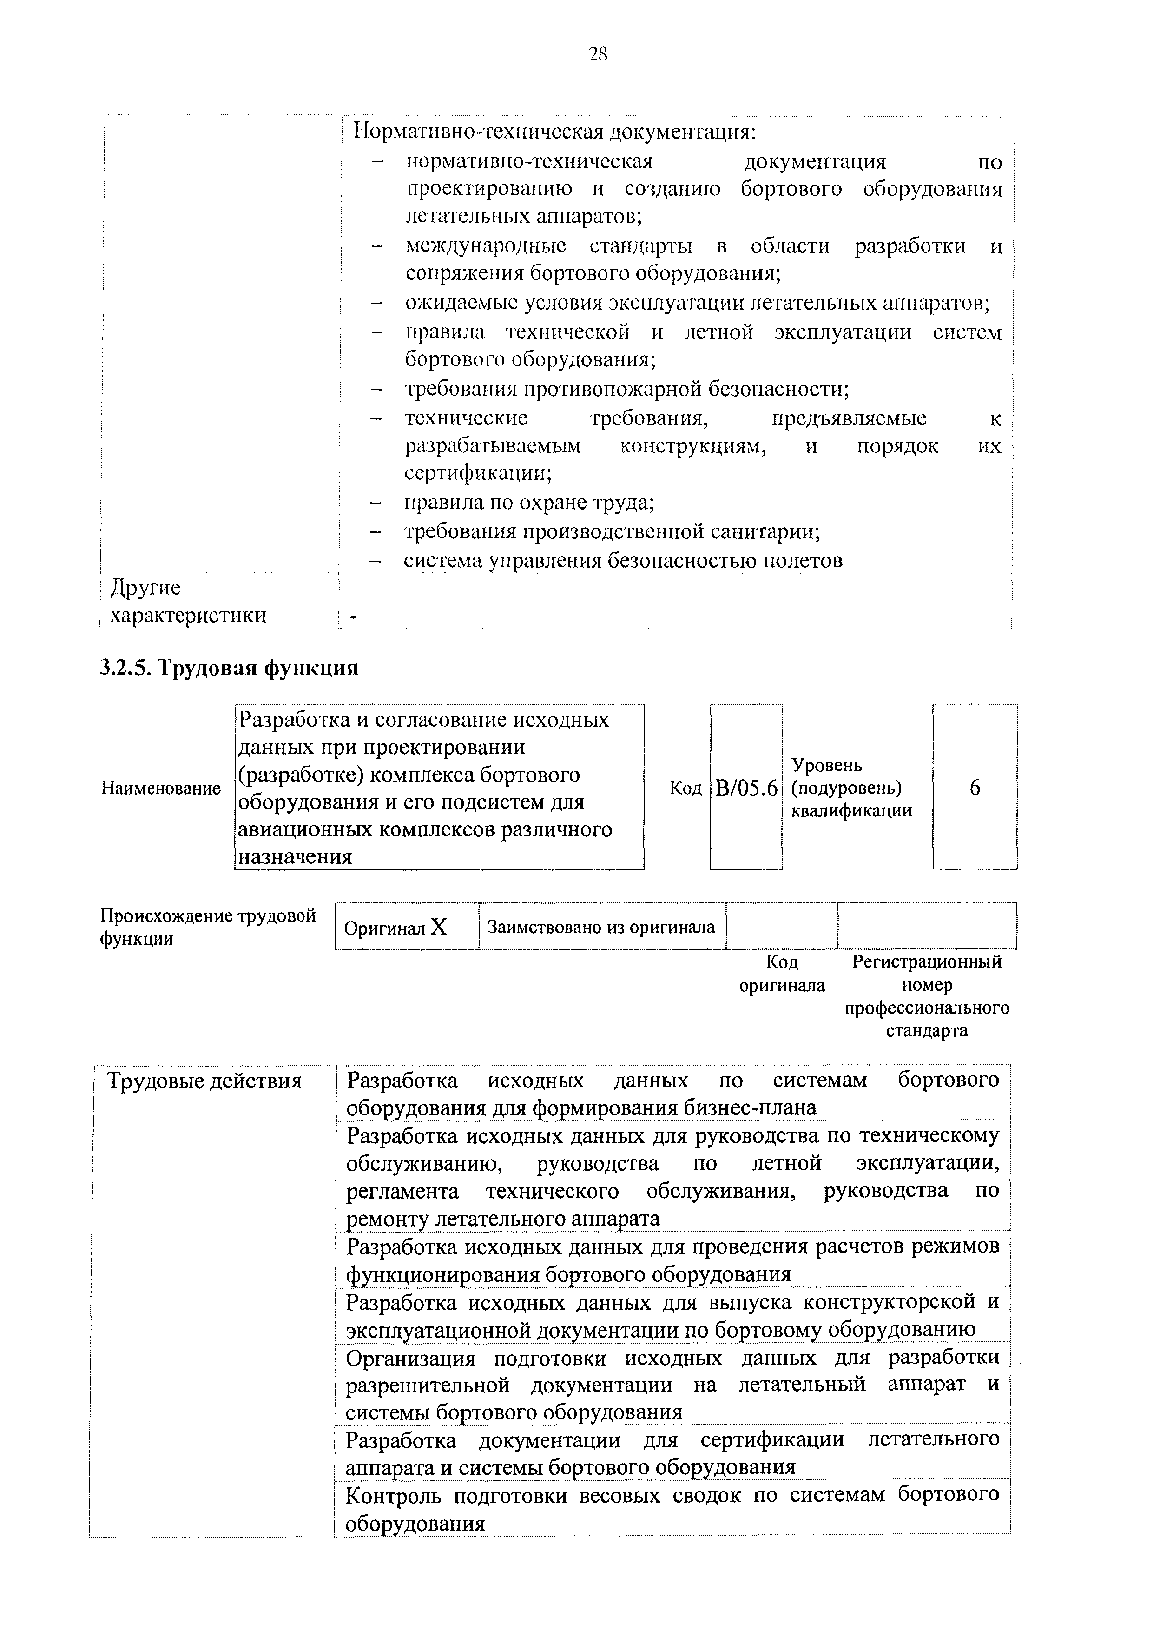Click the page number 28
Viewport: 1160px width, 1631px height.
point(598,53)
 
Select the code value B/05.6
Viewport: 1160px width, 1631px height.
point(746,788)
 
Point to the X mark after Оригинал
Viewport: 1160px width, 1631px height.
point(439,927)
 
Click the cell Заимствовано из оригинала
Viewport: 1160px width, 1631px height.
point(601,927)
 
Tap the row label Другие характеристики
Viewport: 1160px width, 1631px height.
point(188,602)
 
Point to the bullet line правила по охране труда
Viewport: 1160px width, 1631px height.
point(529,503)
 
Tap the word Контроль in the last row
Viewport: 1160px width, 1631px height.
point(392,1495)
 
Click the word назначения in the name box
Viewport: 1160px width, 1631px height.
point(295,856)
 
